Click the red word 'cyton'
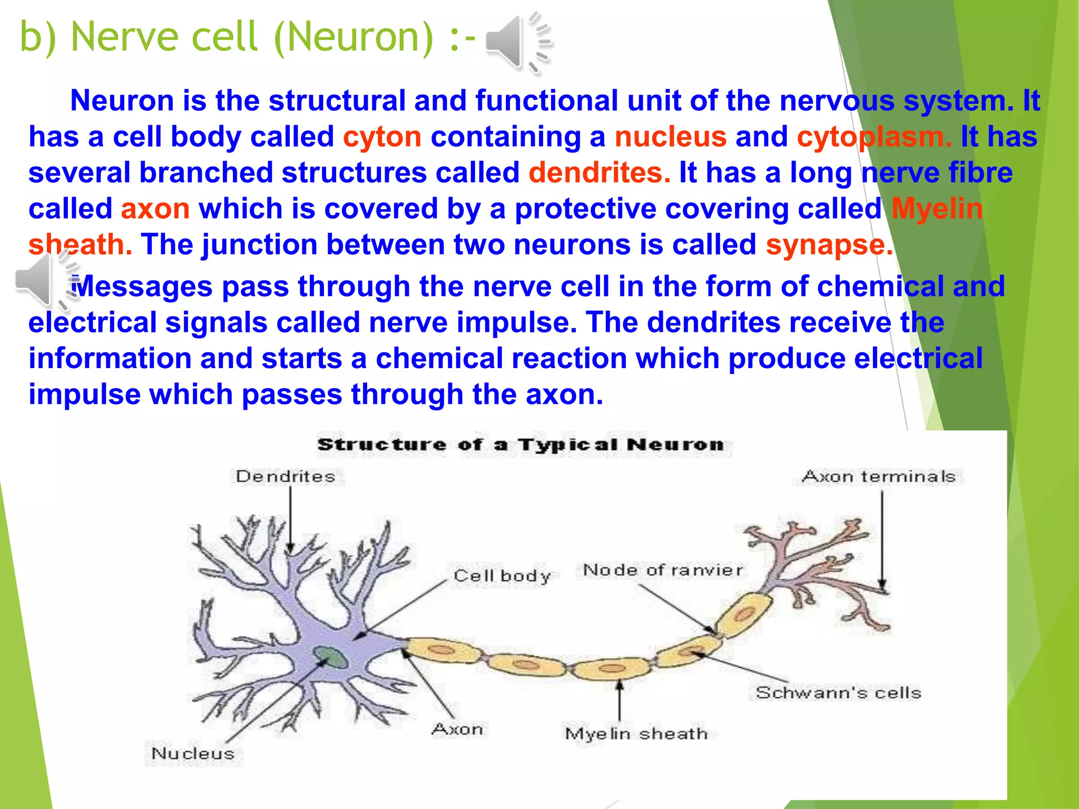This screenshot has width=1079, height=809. (382, 137)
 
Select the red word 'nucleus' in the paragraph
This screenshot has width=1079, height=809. (670, 137)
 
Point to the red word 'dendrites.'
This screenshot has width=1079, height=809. (599, 173)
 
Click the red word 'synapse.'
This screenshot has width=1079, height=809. (829, 245)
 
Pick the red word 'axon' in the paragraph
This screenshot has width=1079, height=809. (155, 209)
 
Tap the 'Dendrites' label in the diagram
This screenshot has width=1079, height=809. (285, 476)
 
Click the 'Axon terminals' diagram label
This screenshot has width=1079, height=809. (878, 476)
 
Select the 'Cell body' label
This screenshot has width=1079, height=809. (502, 575)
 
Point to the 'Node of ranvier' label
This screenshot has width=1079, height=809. (662, 570)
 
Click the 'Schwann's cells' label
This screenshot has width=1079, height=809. (838, 692)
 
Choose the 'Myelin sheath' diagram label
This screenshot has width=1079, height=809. (636, 733)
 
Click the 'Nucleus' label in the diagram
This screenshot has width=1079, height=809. (192, 753)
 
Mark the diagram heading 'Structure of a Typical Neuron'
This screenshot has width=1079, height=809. (521, 445)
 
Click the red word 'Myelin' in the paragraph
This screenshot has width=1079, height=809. (937, 209)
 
